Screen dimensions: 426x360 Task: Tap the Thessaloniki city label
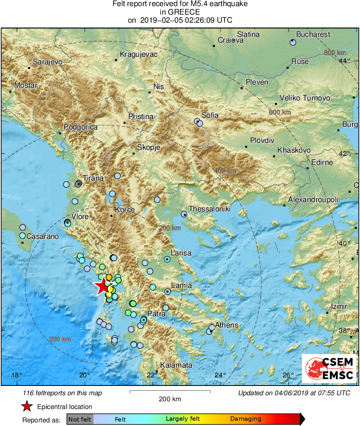tap(209, 209)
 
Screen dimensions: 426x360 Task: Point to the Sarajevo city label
tap(47, 62)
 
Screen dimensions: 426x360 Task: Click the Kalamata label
tap(176, 365)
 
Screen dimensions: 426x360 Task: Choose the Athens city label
tap(226, 325)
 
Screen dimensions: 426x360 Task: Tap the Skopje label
tap(149, 147)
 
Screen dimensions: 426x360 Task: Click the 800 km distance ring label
tap(335, 53)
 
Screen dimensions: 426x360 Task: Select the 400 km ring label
tap(224, 171)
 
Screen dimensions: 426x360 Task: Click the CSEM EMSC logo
tap(329, 368)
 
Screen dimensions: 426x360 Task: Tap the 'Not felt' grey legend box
tap(80, 419)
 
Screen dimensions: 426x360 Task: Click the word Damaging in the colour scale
tap(246, 419)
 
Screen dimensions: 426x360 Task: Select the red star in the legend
tap(27, 407)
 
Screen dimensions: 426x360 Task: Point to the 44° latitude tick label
tap(345, 61)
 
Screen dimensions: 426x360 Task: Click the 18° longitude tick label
tap(17, 375)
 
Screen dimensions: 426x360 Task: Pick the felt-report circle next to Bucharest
tap(293, 43)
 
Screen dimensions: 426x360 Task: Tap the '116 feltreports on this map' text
tap(63, 393)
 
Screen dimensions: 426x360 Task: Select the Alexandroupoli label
tap(313, 200)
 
